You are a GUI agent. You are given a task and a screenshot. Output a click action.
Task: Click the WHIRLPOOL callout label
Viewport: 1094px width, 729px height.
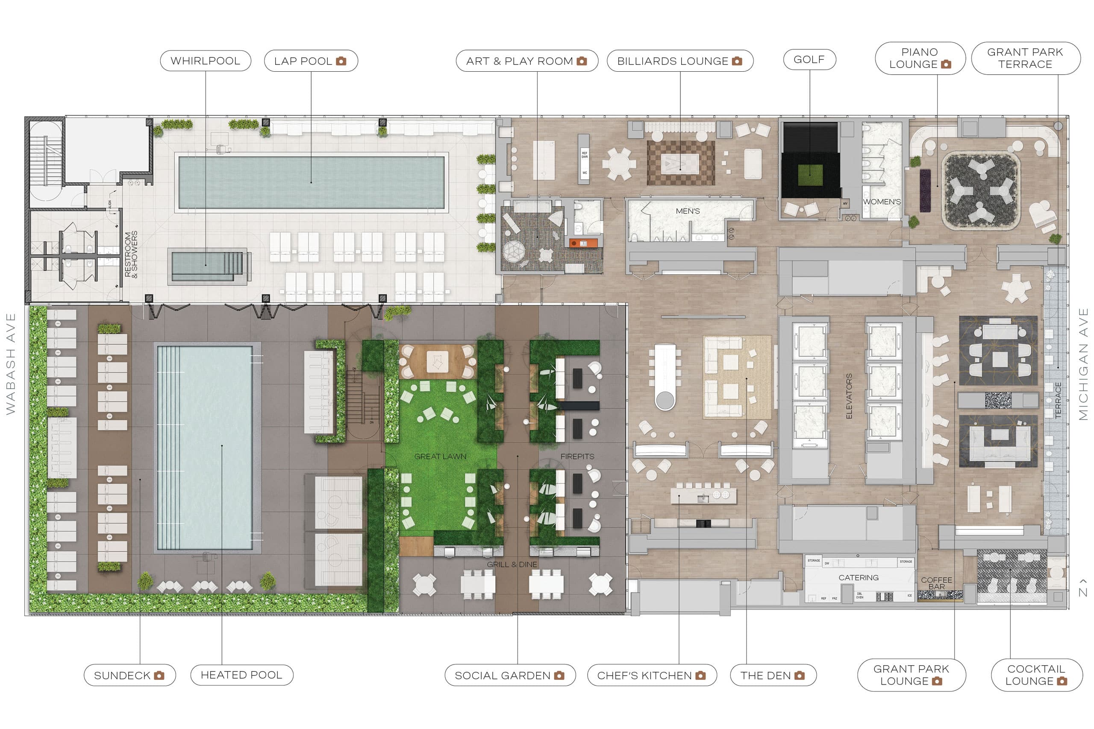[x=205, y=61]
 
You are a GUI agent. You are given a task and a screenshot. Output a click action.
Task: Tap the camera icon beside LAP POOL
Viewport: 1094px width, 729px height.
[x=341, y=61]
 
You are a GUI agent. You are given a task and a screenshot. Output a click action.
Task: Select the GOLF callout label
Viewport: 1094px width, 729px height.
[x=809, y=59]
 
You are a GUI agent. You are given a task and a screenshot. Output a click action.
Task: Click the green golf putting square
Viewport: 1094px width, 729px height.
[x=810, y=175]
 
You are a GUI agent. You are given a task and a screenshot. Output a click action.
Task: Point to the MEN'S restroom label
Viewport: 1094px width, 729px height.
[x=688, y=211]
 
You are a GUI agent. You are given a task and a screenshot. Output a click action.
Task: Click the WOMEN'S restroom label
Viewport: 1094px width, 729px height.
[x=882, y=202]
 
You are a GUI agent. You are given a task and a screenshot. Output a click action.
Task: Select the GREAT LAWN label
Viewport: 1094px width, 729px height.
[x=440, y=457]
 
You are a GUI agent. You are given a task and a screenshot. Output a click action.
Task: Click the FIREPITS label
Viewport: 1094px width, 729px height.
[x=577, y=457]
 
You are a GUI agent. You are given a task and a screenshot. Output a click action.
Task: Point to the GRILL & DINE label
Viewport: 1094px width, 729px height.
[x=512, y=565]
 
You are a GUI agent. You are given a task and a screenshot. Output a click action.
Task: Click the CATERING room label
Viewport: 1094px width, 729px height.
[x=859, y=577]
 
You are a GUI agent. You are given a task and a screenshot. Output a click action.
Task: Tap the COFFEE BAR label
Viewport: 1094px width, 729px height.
[x=936, y=583]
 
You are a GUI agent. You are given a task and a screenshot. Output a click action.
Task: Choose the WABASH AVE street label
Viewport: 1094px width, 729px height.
[x=10, y=363]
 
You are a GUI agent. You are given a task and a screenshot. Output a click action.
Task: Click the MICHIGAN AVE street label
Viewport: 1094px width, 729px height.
[x=1083, y=363]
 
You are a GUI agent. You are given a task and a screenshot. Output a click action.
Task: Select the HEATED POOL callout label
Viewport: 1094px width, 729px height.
[x=241, y=675]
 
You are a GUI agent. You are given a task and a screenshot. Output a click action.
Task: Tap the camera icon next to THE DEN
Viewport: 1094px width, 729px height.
[x=800, y=676]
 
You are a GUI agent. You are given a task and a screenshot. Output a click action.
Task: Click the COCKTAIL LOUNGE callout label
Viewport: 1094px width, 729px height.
[x=1036, y=675]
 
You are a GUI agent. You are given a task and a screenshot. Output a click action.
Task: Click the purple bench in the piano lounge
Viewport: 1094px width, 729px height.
[x=925, y=190]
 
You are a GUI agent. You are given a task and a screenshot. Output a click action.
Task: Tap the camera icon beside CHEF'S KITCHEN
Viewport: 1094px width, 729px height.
[x=700, y=676]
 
